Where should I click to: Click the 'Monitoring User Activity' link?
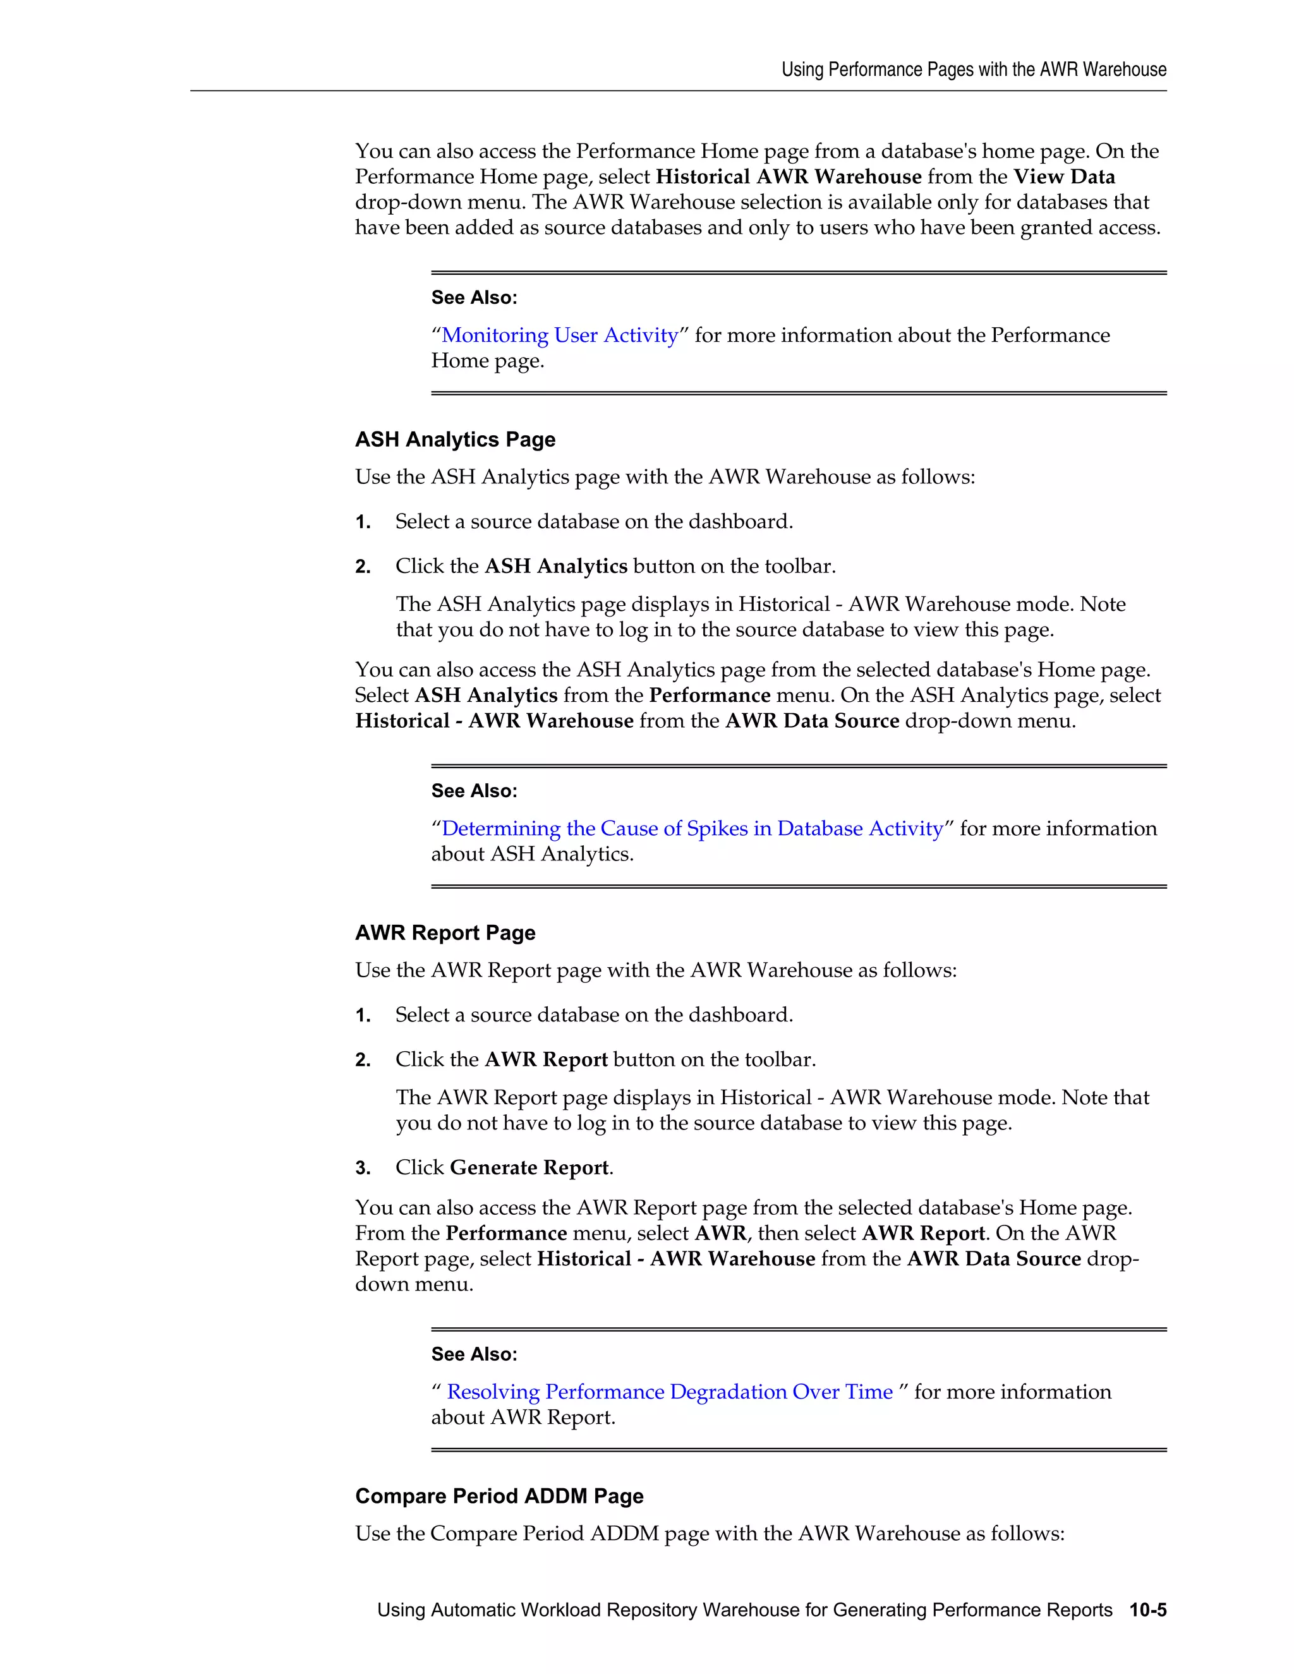pos(560,335)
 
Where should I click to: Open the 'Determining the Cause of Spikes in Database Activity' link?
pos(692,829)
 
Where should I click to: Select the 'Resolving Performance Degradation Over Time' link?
pos(669,1392)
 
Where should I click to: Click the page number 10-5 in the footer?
pos(1147,1610)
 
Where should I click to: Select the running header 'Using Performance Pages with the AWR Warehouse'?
pos(974,69)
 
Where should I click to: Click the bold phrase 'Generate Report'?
pos(529,1168)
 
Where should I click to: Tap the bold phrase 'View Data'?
pos(1064,177)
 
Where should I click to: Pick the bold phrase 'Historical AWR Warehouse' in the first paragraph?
pos(788,177)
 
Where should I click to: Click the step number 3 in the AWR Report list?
pos(363,1169)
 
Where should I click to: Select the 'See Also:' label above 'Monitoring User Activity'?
pos(474,298)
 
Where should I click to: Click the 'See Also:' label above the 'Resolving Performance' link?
pos(474,1354)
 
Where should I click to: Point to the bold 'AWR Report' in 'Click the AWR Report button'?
pos(546,1060)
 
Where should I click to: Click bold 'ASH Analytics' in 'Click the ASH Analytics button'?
pos(556,567)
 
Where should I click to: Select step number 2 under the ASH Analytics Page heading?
pos(363,567)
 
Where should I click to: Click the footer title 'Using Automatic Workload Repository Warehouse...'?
pos(744,1610)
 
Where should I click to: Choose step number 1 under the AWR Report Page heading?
pos(363,1016)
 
